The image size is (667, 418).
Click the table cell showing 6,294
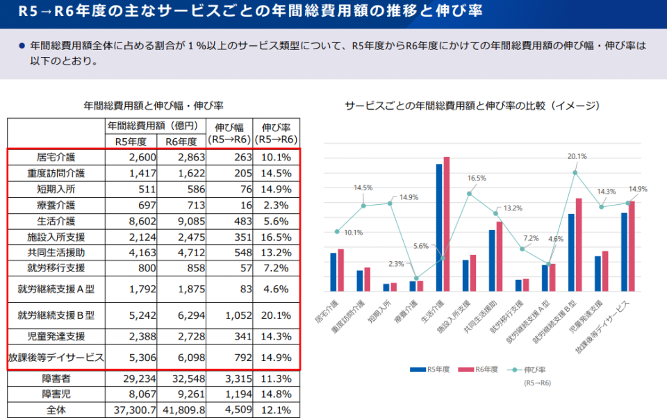(181, 315)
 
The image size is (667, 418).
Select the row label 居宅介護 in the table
(56, 158)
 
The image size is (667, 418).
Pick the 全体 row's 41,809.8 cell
(181, 410)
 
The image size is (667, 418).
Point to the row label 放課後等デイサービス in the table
(56, 358)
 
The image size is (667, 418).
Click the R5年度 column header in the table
(131, 142)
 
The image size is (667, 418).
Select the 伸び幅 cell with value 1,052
(229, 315)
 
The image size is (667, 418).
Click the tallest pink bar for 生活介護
(447, 224)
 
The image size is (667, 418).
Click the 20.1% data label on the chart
(577, 156)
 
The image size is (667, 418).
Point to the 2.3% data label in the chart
(396, 264)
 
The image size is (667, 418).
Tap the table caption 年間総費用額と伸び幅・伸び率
(154, 106)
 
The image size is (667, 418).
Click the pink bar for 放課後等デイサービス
(632, 246)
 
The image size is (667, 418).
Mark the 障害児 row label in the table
(56, 394)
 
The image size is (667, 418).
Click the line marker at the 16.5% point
(470, 194)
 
